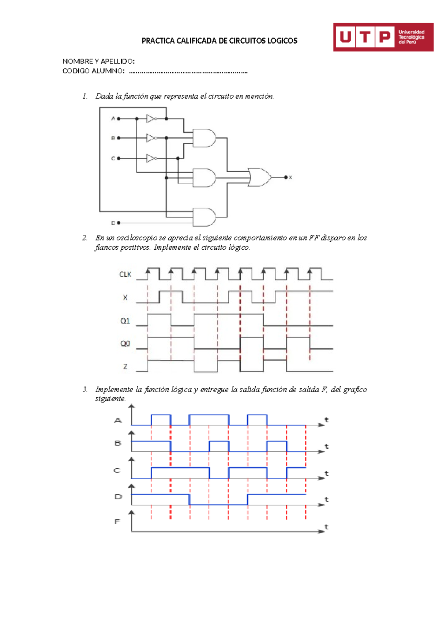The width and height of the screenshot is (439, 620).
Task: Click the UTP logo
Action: pyautogui.click(x=383, y=37)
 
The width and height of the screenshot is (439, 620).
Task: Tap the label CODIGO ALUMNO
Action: pyautogui.click(x=93, y=71)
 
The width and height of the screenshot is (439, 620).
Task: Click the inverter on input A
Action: pyautogui.click(x=151, y=119)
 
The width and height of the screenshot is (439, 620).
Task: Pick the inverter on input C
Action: pyautogui.click(x=151, y=158)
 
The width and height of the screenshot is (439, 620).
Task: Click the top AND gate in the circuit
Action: pyautogui.click(x=204, y=138)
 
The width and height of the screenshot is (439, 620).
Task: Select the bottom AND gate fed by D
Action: pyautogui.click(x=204, y=217)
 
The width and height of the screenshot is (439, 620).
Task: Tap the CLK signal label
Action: pyautogui.click(x=125, y=275)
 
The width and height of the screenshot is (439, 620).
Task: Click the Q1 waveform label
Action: pyautogui.click(x=125, y=321)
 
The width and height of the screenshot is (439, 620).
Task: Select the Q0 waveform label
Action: pyautogui.click(x=125, y=344)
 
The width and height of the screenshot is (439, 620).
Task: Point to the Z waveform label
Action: pyautogui.click(x=125, y=367)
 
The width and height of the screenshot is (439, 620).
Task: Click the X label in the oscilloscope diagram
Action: pyautogui.click(x=125, y=298)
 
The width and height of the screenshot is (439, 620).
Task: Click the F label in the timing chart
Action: pyautogui.click(x=117, y=522)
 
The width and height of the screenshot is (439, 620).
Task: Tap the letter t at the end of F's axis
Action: pyautogui.click(x=326, y=527)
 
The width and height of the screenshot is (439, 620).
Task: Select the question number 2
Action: pyautogui.click(x=85, y=238)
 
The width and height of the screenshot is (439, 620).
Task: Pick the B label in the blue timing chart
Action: pyautogui.click(x=118, y=443)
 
